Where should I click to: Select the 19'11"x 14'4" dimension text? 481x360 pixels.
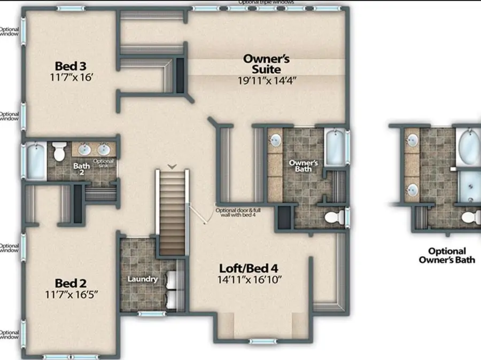267,81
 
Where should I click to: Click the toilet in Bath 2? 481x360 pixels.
59,151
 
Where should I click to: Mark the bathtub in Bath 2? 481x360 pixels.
35,159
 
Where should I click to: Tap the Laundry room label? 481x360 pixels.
142,279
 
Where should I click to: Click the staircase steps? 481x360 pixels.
171,214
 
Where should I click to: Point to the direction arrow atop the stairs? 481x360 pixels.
171,167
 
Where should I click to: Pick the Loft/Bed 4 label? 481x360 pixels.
250,268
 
